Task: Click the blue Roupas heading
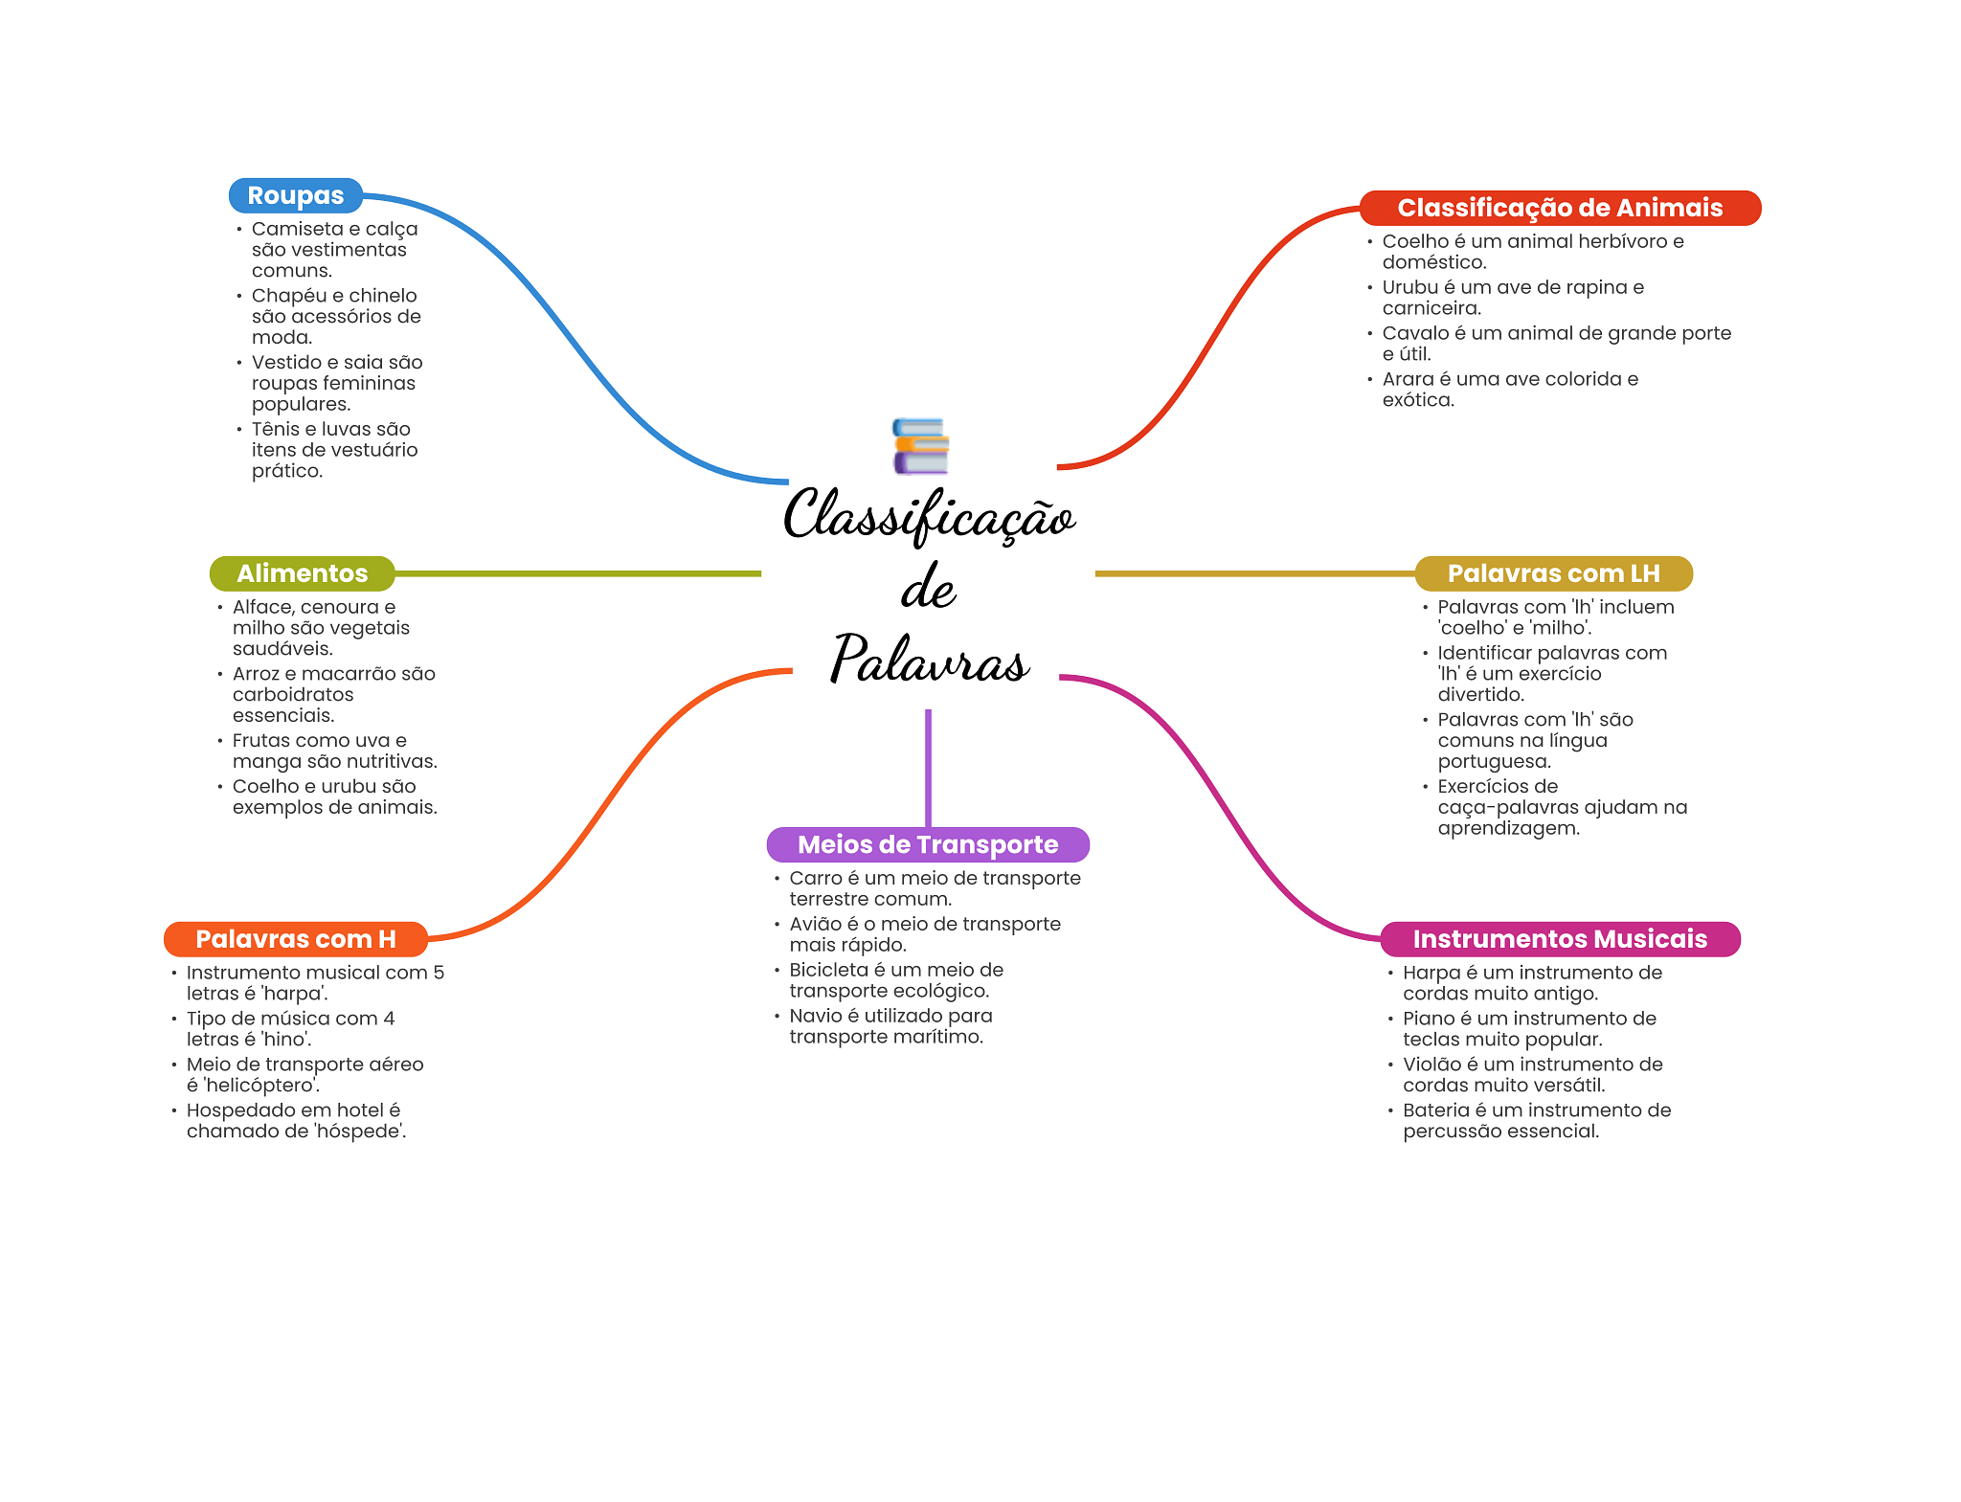pos(295,195)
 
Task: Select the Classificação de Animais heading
pos(1559,208)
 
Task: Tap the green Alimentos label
pos(302,573)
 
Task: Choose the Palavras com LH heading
pos(1552,573)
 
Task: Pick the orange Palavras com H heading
pos(295,939)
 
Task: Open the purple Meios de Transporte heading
pos(927,844)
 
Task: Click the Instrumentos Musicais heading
pos(1559,939)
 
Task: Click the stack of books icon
pos(920,446)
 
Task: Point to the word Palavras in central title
pos(929,660)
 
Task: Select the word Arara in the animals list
pos(1408,379)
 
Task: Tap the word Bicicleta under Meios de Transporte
pos(827,970)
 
